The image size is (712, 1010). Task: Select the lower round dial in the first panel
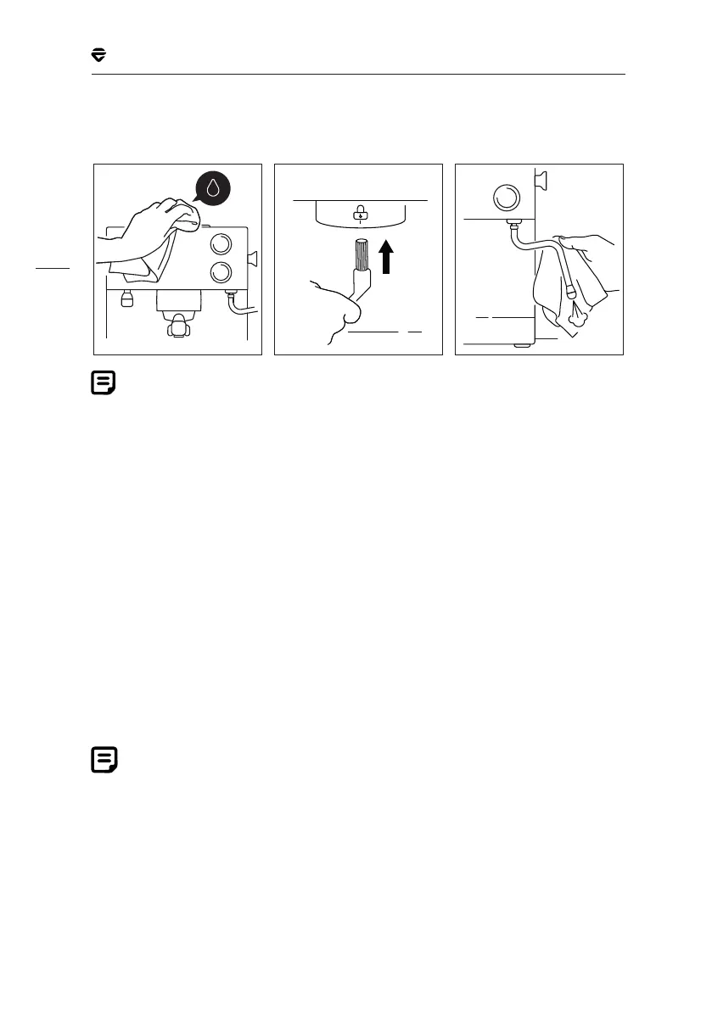(220, 273)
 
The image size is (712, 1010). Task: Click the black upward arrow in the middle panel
(387, 257)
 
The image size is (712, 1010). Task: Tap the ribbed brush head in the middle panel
(362, 255)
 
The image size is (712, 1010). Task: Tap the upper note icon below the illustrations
(104, 383)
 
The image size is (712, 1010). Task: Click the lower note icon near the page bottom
(104, 760)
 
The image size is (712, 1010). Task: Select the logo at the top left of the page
(98, 55)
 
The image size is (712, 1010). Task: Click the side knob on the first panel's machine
(254, 258)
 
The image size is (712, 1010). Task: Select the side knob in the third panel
(538, 179)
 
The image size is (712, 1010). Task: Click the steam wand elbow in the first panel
(235, 307)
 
